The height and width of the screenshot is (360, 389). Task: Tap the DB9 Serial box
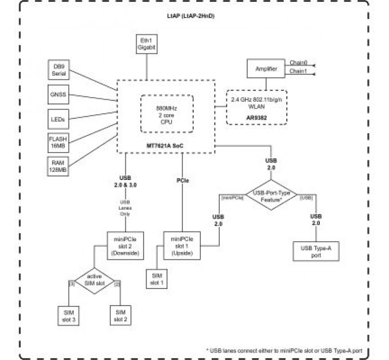pyautogui.click(x=59, y=70)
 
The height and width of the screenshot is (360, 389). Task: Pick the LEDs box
pyautogui.click(x=59, y=119)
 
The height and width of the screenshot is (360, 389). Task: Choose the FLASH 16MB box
pyautogui.click(x=59, y=142)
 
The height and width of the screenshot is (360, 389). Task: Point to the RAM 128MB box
pyautogui.click(x=59, y=166)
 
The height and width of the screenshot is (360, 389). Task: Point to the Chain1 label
pyautogui.click(x=298, y=71)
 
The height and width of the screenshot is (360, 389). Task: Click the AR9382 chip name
pyautogui.click(x=255, y=118)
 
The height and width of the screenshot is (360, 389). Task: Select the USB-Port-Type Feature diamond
pyautogui.click(x=271, y=195)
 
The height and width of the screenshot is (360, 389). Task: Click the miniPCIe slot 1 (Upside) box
pyautogui.click(x=182, y=244)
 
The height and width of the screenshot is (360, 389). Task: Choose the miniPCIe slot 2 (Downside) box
pyautogui.click(x=125, y=244)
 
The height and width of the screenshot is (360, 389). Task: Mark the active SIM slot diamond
pyautogui.click(x=94, y=281)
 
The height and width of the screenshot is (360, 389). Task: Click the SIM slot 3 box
pyautogui.click(x=69, y=315)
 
